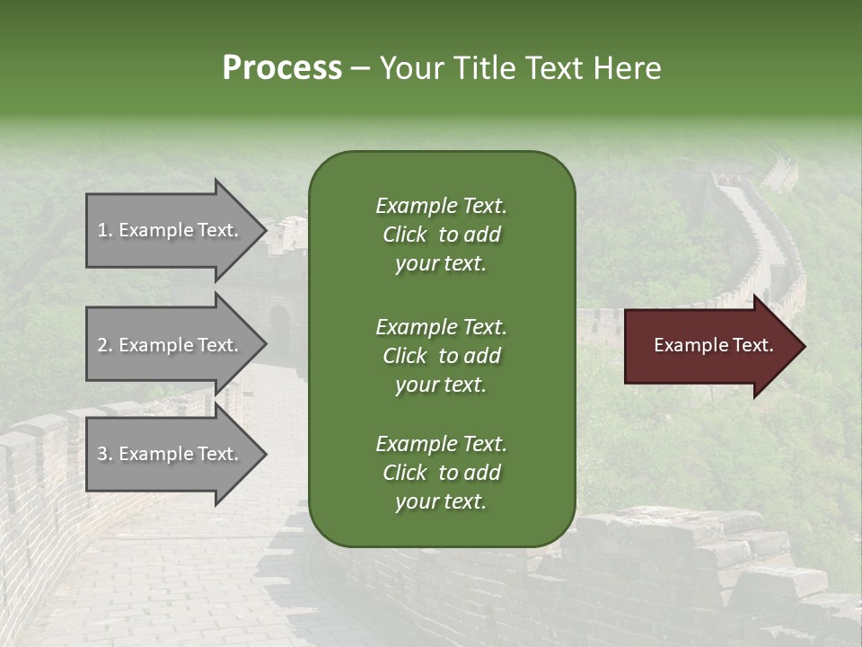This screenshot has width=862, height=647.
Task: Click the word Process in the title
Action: (282, 68)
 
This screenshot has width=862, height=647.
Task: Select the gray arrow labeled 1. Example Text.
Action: (171, 230)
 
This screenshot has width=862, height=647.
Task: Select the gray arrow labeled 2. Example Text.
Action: (171, 345)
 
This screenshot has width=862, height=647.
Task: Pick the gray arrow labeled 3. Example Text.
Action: (171, 454)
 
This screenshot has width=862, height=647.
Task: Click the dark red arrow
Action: (709, 346)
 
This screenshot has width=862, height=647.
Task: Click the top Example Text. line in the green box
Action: (441, 206)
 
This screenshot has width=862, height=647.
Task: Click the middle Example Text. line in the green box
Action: (441, 326)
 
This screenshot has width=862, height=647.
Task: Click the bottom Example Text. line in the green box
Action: (441, 444)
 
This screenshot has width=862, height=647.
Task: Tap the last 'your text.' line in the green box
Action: (441, 502)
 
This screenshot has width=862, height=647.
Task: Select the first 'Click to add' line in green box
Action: (441, 235)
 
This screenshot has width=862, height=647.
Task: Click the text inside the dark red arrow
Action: (713, 345)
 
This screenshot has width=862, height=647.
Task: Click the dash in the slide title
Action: (361, 68)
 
